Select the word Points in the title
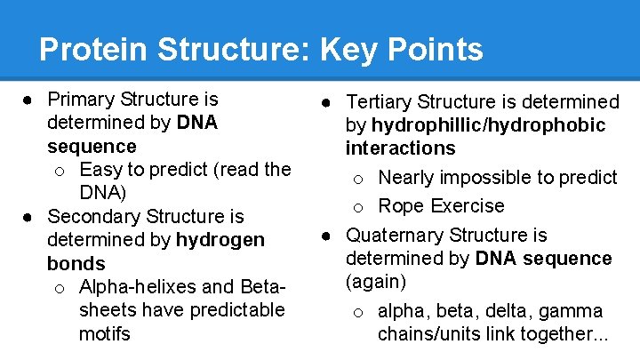click(x=437, y=49)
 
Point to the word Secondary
click(x=95, y=216)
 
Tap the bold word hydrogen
click(x=220, y=240)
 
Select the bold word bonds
click(x=76, y=264)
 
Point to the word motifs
click(x=105, y=334)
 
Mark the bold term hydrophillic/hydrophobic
click(x=488, y=125)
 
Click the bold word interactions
click(x=400, y=148)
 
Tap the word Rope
click(x=401, y=206)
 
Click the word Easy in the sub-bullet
click(x=100, y=169)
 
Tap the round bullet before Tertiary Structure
click(x=327, y=103)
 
